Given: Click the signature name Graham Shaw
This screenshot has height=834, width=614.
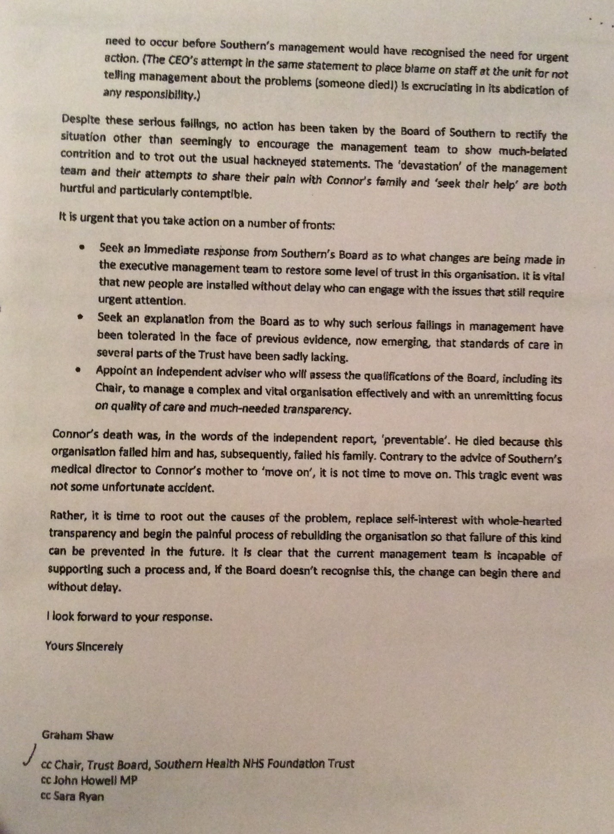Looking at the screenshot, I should click(x=78, y=735).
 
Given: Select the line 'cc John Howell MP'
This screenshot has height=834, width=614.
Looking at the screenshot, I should click(x=89, y=780).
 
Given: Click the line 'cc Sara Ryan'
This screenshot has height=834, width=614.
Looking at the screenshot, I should click(x=72, y=796).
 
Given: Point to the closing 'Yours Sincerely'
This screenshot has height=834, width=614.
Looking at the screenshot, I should click(x=84, y=646).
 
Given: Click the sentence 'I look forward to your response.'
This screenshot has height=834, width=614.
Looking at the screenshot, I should click(x=130, y=617).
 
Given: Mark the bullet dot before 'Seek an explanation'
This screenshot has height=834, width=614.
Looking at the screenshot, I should click(x=80, y=317).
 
